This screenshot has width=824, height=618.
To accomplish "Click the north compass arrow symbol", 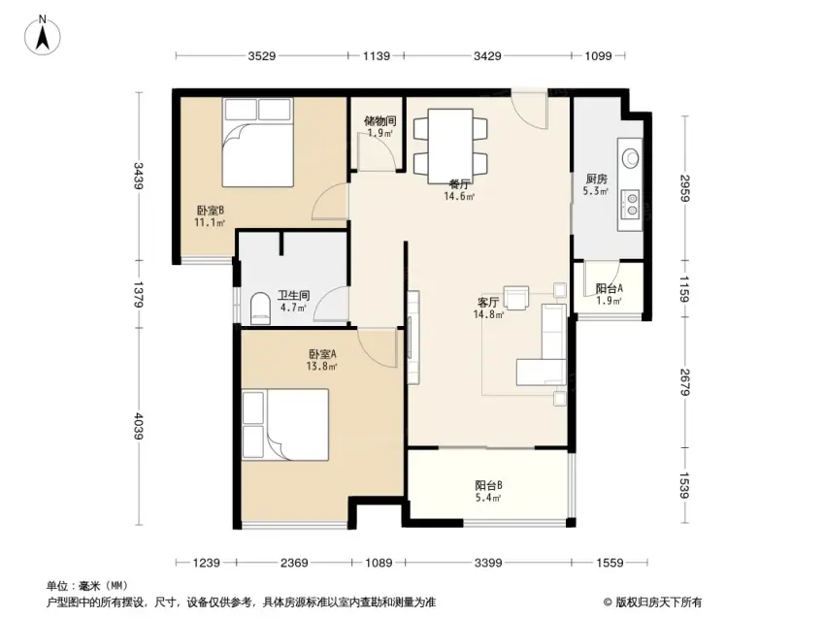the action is coord(43,36).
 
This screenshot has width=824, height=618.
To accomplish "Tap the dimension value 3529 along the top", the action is coord(262,55).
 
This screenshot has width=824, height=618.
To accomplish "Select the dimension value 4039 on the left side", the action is coord(138,425).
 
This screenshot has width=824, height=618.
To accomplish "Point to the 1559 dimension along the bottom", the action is coord(610,563).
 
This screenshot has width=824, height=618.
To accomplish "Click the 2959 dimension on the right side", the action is coord(684,187).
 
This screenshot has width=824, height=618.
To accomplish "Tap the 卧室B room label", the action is coord(211,211).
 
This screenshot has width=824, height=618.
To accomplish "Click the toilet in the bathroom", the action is coord(260,308).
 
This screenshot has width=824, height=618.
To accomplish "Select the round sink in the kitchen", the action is coord(630,156).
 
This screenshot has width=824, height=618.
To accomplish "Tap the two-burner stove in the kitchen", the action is coord(630,205).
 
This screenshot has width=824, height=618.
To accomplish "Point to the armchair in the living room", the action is coord(516,298).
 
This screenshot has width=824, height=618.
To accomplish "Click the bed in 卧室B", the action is coord(257,143).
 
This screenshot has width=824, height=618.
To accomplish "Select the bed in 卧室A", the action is coord(285,425).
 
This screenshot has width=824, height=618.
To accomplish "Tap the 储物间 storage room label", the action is coord(379,121).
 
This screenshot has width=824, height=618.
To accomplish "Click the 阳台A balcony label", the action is coord(610,288).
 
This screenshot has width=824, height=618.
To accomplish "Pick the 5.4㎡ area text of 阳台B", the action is coord(489,497).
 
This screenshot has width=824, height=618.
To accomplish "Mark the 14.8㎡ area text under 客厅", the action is coord(489,314).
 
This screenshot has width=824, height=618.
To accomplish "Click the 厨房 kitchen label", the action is coord(596,179).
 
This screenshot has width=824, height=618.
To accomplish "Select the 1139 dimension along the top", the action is coord(377,55).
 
